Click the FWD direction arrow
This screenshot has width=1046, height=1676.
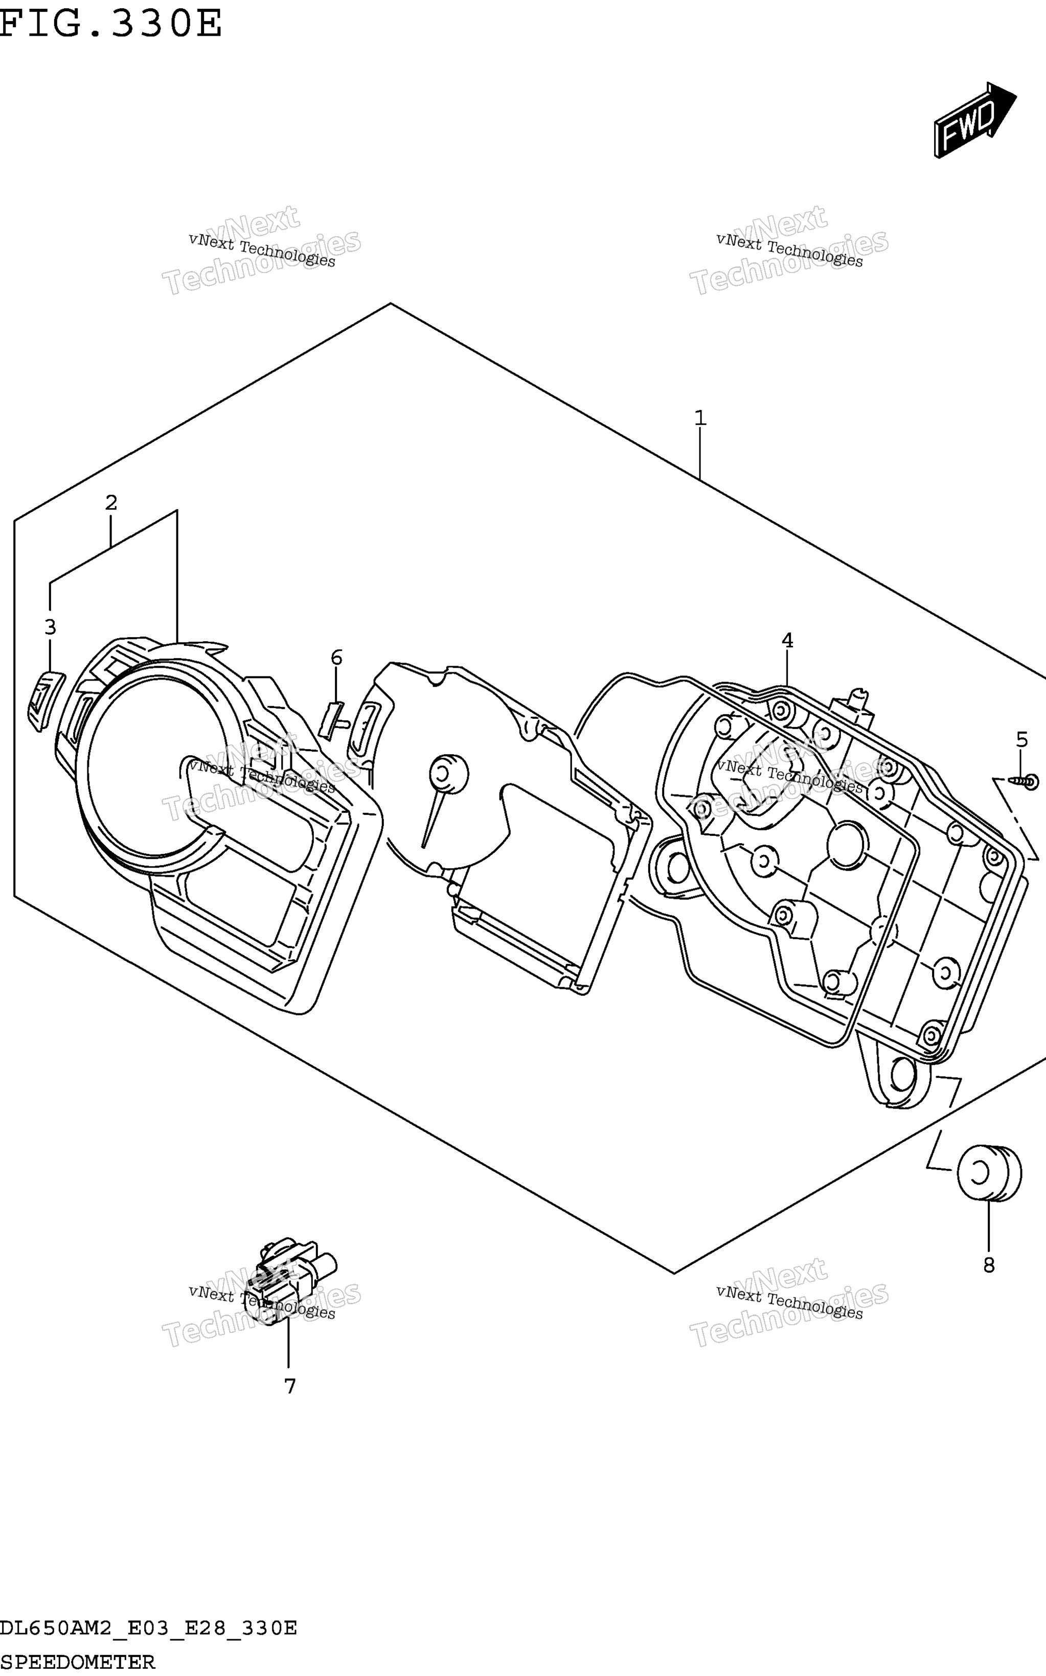(x=975, y=120)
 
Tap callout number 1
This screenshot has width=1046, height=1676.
(x=700, y=418)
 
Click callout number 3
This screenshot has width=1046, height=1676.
(x=50, y=627)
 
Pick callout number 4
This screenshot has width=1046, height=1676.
(x=787, y=641)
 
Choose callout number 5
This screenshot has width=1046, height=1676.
(x=1022, y=739)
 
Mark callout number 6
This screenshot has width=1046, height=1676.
(x=337, y=657)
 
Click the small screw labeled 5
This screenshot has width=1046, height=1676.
(x=1023, y=782)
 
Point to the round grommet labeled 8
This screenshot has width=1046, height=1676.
(x=989, y=1174)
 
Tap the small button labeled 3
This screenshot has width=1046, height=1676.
(x=45, y=699)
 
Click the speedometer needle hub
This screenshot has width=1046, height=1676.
(x=448, y=774)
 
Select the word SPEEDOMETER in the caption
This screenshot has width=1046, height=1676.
(x=78, y=1662)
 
